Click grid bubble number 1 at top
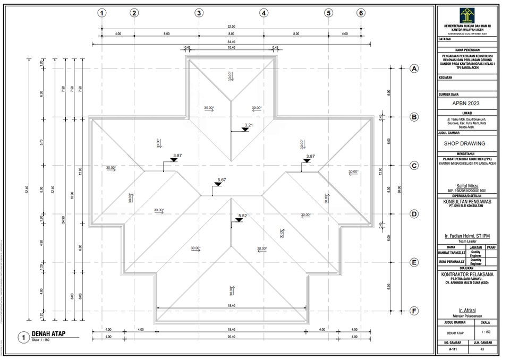(102, 13)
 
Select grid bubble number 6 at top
(361, 13)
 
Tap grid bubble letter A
(414, 68)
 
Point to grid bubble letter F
(414, 311)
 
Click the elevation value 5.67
(222, 180)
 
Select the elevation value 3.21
(249, 125)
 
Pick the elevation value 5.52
(243, 216)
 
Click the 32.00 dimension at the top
(231, 26)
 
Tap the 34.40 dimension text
(231, 41)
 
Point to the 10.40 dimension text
(231, 48)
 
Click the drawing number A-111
(452, 350)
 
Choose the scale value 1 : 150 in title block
(484, 332)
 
